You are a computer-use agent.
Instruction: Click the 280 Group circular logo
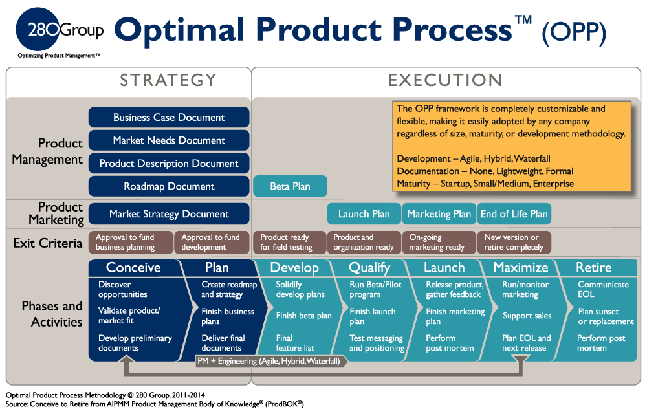[x=38, y=29]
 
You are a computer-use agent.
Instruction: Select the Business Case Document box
[x=169, y=118]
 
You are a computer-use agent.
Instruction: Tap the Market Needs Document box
[x=169, y=140]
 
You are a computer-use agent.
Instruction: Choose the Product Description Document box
[x=169, y=164]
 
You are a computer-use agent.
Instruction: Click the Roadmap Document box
[x=169, y=186]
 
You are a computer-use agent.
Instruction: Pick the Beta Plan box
[x=290, y=186]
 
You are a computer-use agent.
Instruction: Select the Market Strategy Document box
[x=169, y=214]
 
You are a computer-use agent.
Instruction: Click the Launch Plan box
[x=364, y=214]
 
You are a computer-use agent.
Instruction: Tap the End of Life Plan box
[x=514, y=214]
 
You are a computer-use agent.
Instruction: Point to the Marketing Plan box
[x=439, y=214]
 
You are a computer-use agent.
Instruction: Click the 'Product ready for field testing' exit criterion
[x=290, y=243]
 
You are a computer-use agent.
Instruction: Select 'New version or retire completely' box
[x=514, y=243]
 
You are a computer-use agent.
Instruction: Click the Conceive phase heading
[x=133, y=268]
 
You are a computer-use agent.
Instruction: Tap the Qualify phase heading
[x=369, y=268]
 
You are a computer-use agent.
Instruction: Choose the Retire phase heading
[x=594, y=268]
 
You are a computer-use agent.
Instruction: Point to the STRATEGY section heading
[x=168, y=80]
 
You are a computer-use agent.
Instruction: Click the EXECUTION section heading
[x=445, y=80]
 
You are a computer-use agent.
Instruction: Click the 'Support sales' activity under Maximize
[x=527, y=316]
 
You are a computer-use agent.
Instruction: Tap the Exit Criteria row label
[x=48, y=243]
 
